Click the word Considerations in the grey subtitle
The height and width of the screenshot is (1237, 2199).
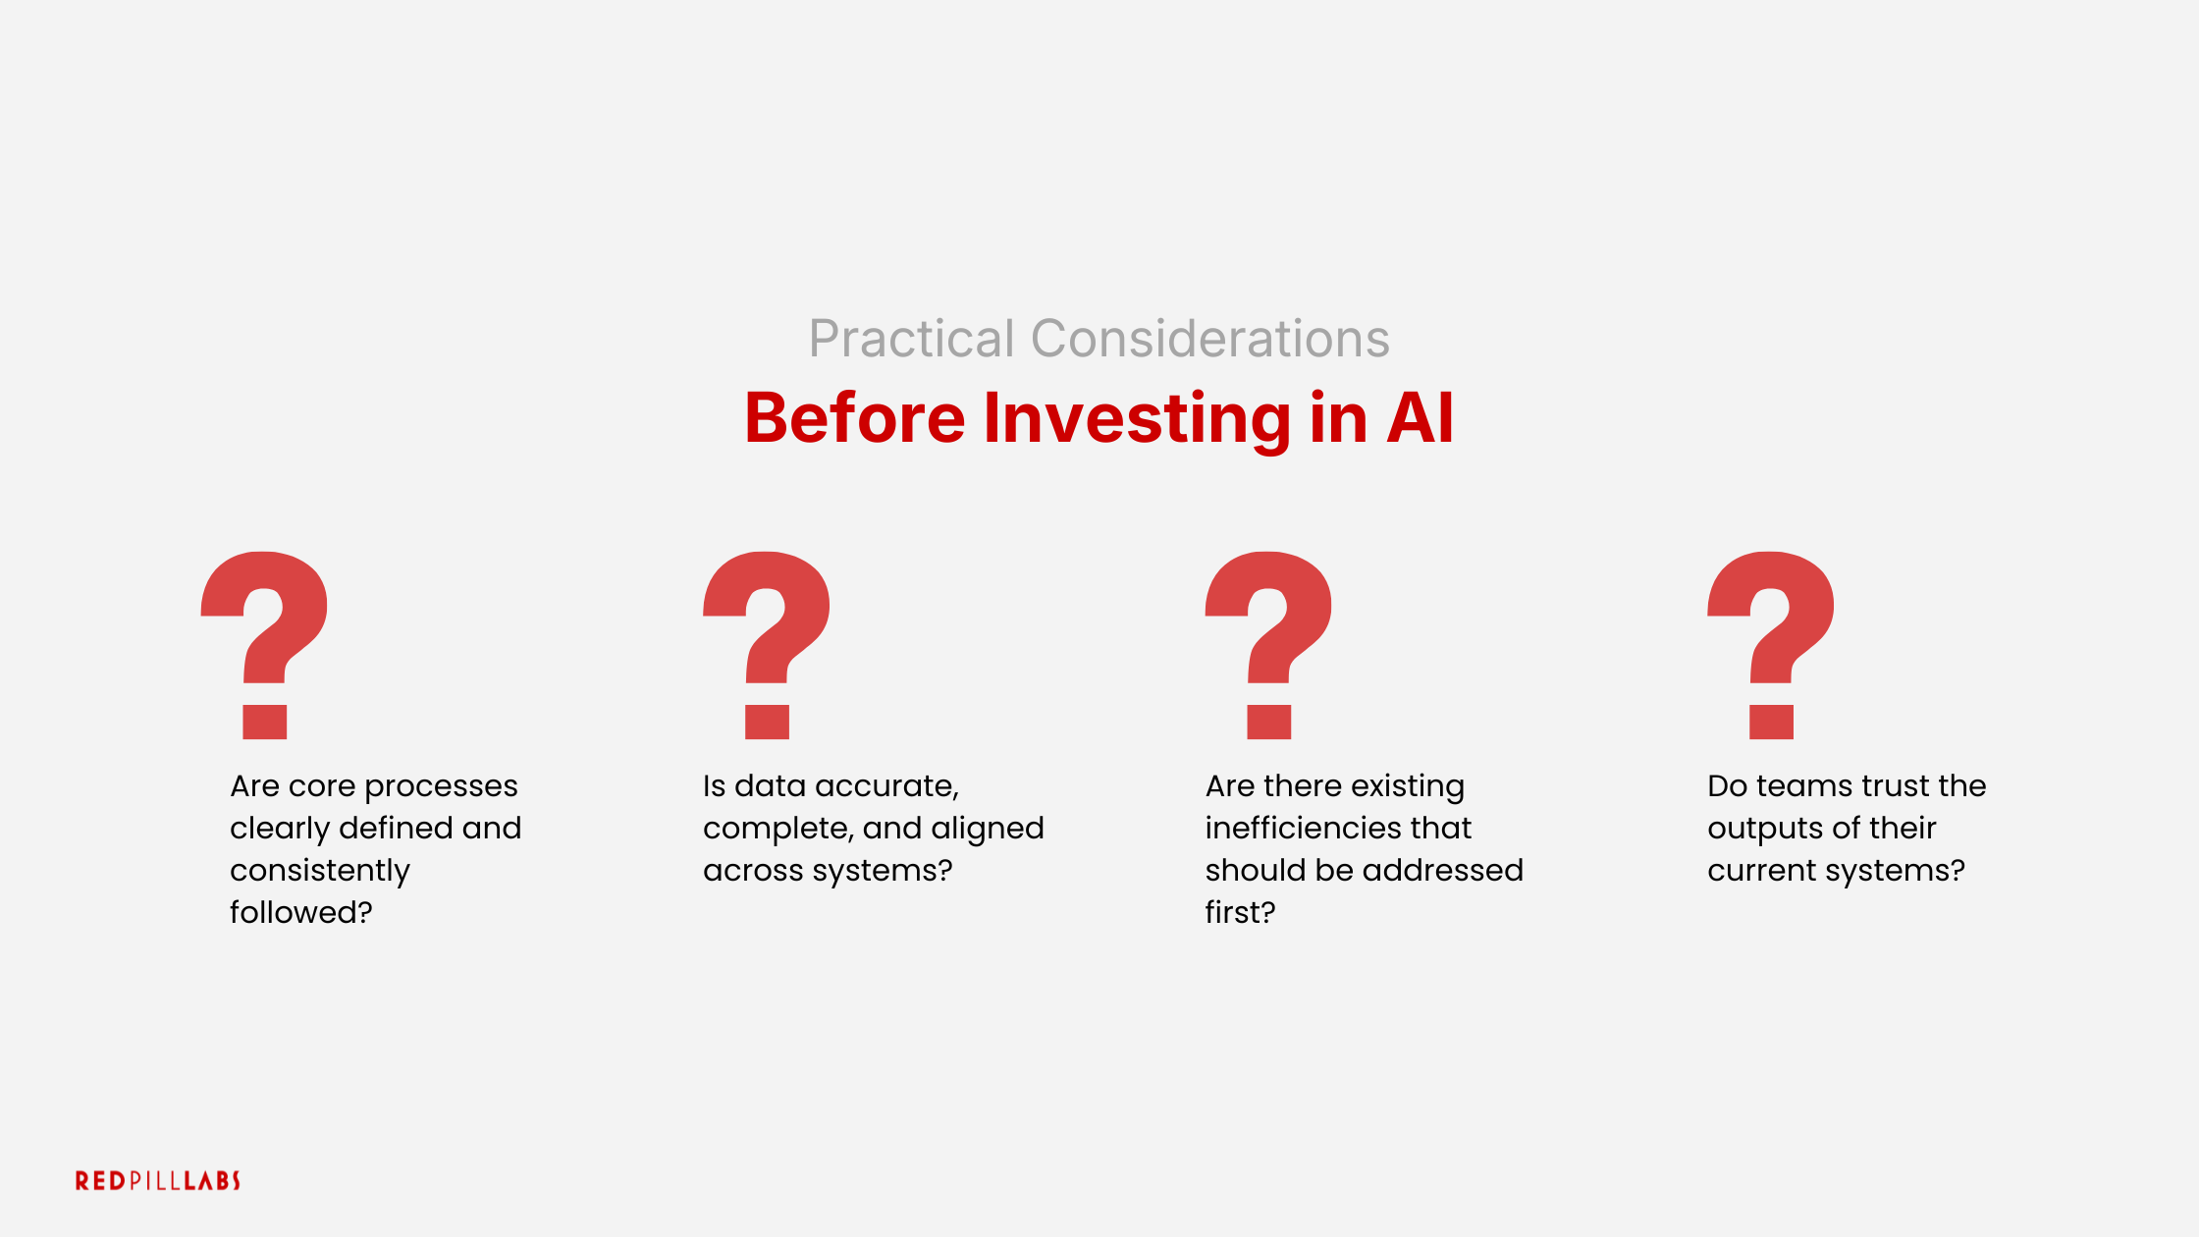[1209, 340]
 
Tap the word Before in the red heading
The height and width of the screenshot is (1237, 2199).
[854, 418]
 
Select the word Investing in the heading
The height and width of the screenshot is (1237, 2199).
[1137, 418]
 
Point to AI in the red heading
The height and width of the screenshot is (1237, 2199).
[1420, 418]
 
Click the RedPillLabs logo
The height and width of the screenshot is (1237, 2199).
[158, 1180]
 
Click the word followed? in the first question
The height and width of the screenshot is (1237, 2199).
[300, 913]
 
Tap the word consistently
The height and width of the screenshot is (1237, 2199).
[319, 871]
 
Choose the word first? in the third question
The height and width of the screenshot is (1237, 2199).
[1240, 913]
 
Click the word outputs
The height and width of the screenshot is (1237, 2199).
[1763, 829]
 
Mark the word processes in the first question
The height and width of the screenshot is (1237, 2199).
[441, 786]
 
